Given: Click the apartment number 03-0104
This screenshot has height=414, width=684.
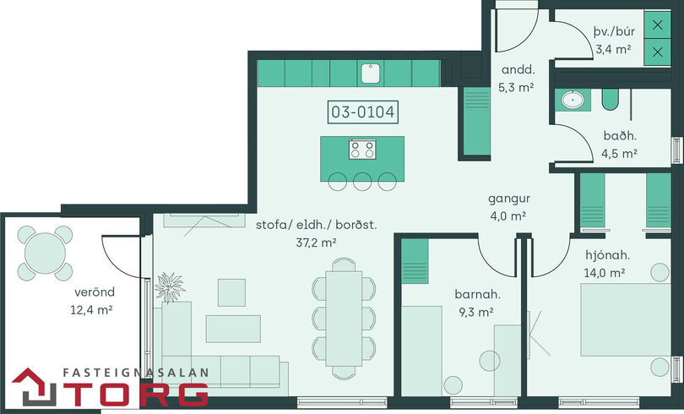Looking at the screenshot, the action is click(x=363, y=112).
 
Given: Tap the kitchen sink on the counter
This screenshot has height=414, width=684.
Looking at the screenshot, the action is click(x=371, y=74).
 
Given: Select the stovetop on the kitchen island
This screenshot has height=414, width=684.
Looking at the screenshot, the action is click(x=362, y=149).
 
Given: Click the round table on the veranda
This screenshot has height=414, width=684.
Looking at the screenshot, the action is click(x=45, y=253).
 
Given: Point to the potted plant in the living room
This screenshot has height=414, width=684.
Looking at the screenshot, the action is click(x=169, y=287).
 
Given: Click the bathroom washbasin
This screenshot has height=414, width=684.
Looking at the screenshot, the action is click(x=573, y=100).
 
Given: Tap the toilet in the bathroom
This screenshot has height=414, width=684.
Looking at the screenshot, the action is click(x=610, y=100).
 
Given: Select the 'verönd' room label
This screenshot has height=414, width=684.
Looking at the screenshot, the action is click(x=95, y=291).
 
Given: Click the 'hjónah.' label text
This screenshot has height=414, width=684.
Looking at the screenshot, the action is click(x=608, y=255).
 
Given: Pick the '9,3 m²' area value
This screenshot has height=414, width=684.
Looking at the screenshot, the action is click(x=476, y=312).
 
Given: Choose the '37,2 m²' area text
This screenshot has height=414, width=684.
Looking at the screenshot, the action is click(x=317, y=242).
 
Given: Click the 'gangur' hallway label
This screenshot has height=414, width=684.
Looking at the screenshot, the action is click(x=509, y=199).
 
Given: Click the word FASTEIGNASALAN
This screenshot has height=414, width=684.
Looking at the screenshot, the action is click(x=136, y=373).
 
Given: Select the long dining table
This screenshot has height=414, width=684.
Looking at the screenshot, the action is click(x=344, y=319).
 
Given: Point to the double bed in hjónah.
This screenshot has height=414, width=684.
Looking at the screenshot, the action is click(x=626, y=319).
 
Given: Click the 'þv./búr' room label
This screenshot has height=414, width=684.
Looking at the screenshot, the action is click(x=614, y=32).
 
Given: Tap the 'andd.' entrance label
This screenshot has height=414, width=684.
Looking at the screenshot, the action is click(x=518, y=69).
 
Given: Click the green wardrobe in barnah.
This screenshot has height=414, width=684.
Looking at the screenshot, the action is click(x=415, y=261).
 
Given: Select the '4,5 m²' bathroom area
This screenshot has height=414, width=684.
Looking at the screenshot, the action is click(x=619, y=154).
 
